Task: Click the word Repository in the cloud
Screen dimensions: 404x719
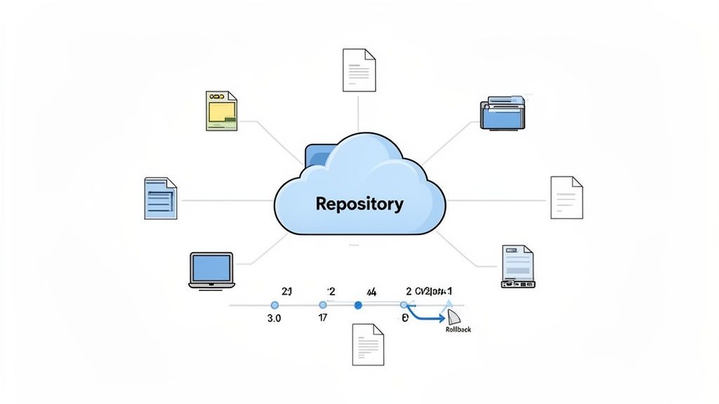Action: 359,204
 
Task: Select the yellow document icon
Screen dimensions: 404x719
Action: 222,110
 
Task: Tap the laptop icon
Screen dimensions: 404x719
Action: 211,270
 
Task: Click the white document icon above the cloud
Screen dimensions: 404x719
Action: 359,69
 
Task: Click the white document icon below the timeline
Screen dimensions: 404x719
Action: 368,344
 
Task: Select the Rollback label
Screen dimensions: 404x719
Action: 458,329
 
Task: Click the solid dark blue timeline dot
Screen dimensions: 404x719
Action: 358,305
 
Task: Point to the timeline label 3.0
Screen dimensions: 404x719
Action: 275,318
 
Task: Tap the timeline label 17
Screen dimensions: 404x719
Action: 323,318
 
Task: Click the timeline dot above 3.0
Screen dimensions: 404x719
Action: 275,305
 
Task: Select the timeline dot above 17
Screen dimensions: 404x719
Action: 323,305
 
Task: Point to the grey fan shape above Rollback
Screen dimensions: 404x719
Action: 454,316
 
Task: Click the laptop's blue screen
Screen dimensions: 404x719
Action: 211,267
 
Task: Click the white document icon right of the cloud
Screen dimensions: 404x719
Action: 566,197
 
